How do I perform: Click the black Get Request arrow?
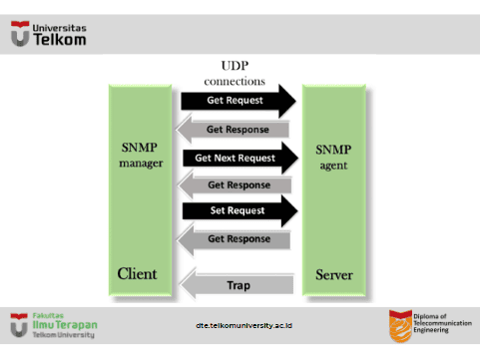(239, 101)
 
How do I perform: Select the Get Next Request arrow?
(240, 158)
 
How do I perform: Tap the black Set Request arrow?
(240, 210)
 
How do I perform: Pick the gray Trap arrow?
(237, 285)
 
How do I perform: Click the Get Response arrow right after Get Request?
(233, 130)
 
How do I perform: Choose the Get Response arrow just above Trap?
(234, 239)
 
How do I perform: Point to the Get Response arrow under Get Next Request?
(235, 184)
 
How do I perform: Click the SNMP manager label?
(141, 156)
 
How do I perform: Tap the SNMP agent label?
(333, 158)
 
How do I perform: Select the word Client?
(137, 274)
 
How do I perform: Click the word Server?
(334, 275)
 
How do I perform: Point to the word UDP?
(235, 66)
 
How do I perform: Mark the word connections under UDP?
(235, 82)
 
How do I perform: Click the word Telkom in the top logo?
(60, 40)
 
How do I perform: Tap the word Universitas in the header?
(59, 28)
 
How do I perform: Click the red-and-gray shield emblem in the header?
(20, 34)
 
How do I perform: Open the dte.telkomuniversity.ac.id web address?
(243, 325)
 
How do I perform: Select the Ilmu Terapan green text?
(65, 325)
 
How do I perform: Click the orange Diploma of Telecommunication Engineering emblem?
(400, 326)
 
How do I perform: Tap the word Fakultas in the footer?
(48, 315)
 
